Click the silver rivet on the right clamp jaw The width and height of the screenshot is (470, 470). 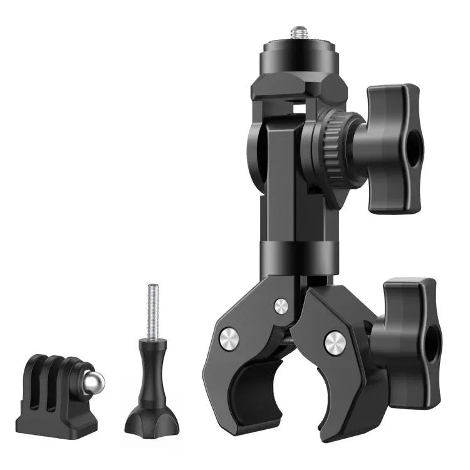coord(335,343)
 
